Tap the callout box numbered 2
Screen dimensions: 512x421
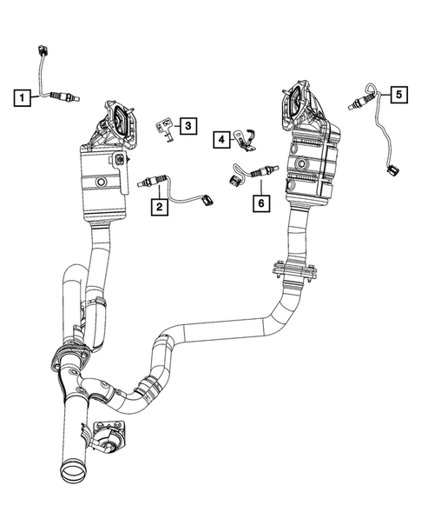pos(159,206)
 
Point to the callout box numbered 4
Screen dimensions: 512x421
pos(222,138)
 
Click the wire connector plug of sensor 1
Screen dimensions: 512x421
pos(43,49)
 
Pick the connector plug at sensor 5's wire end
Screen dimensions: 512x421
pos(392,171)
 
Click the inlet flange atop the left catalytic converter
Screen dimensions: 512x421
pos(120,116)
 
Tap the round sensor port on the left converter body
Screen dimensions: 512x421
pos(102,183)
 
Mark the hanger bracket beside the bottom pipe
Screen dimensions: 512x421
pos(109,434)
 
